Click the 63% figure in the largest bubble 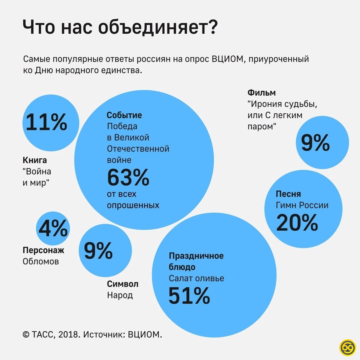pyautogui.click(x=128, y=178)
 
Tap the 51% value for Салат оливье pyautogui.click(x=189, y=296)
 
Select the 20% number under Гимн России pyautogui.click(x=297, y=222)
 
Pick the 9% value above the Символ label pyautogui.click(x=98, y=250)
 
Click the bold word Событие pyautogui.click(x=124, y=115)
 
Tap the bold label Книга pyautogui.click(x=35, y=160)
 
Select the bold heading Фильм pyautogui.click(x=261, y=93)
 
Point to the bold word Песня pyautogui.click(x=288, y=194)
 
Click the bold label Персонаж pyautogui.click(x=43, y=250)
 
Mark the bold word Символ pyautogui.click(x=123, y=284)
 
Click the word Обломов pyautogui.click(x=41, y=261)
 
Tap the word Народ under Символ pyautogui.click(x=120, y=295)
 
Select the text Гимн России pyautogui.click(x=302, y=205)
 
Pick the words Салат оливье pyautogui.click(x=196, y=278)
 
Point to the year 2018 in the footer pyautogui.click(x=69, y=334)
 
